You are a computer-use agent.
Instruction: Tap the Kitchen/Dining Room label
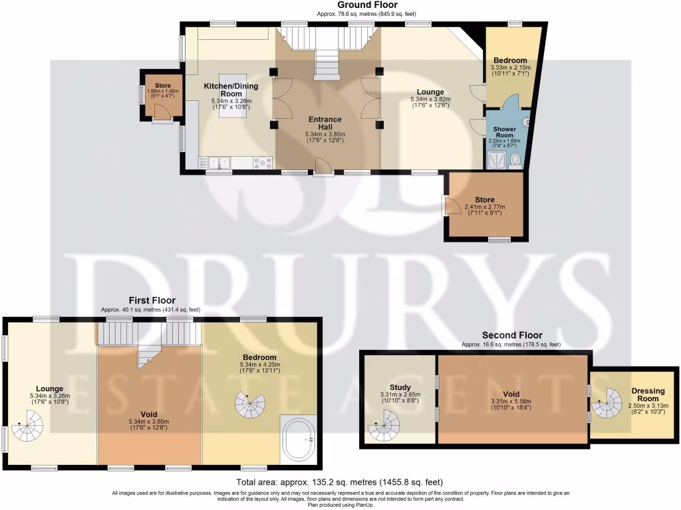(x=231, y=90)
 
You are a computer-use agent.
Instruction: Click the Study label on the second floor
(x=400, y=387)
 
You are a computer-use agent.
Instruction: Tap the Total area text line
(x=340, y=482)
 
